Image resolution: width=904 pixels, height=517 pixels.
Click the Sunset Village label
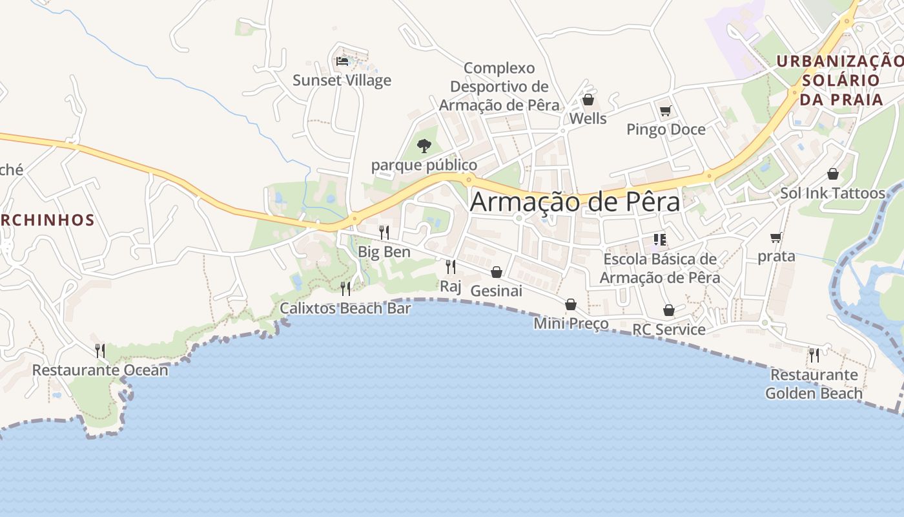(342, 80)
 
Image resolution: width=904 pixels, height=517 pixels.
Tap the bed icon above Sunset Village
(342, 61)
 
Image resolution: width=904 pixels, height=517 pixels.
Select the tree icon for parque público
(424, 145)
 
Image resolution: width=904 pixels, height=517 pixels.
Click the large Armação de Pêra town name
(575, 202)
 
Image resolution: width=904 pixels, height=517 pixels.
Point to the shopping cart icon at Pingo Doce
(665, 111)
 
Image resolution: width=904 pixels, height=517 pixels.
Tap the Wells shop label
(588, 118)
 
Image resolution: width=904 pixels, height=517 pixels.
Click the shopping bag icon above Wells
(588, 100)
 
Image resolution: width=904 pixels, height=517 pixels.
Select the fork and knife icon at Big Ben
(384, 232)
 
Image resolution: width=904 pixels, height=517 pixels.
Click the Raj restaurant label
(451, 286)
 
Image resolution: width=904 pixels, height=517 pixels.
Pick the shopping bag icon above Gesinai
(496, 272)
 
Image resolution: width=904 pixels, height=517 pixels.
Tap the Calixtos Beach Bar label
(345, 308)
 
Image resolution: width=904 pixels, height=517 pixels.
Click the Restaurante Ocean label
(100, 370)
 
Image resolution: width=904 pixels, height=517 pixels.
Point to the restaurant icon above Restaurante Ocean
(100, 351)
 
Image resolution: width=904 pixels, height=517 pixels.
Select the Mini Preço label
(571, 323)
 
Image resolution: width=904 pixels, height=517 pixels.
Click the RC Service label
(669, 330)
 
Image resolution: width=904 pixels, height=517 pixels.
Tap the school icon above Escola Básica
(659, 240)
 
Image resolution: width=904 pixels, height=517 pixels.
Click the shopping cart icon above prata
(776, 237)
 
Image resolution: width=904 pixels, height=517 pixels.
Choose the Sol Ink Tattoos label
(832, 193)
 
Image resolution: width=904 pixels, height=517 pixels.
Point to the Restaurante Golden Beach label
(814, 384)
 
